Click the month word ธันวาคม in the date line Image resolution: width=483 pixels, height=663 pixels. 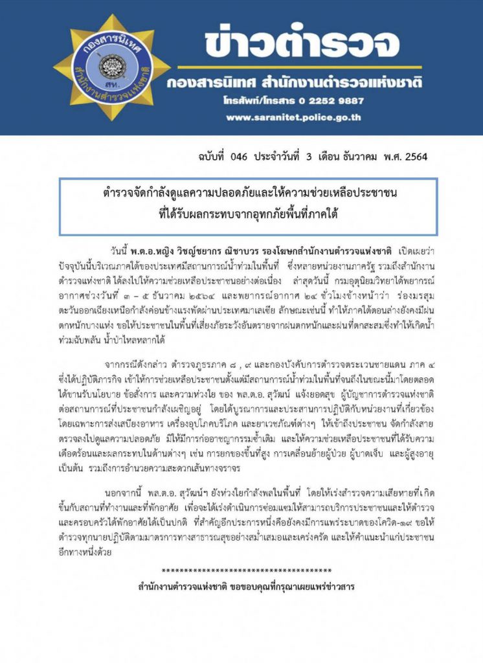(354, 157)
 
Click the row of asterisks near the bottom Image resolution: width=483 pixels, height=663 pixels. (246, 570)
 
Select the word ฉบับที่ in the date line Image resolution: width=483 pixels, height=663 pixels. (194, 157)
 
